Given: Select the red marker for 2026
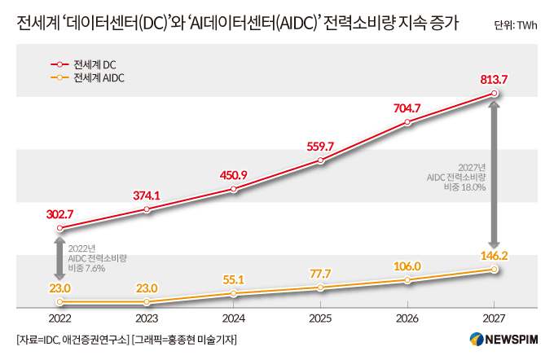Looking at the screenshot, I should tap(407, 123).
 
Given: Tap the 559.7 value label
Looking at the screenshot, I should tap(321, 147).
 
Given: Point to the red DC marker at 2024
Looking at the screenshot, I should tap(234, 190).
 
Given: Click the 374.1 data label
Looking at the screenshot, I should tap(147, 195).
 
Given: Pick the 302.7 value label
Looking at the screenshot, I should tap(60, 214).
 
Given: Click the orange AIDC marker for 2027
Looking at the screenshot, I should tap(494, 270).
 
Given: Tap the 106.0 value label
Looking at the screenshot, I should tap(407, 266).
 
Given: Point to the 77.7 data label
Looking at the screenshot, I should tap(320, 273).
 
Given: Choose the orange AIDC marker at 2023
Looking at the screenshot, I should tap(147, 302).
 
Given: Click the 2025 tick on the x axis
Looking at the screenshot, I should tap(320, 318).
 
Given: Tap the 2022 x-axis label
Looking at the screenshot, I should tap(60, 318).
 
